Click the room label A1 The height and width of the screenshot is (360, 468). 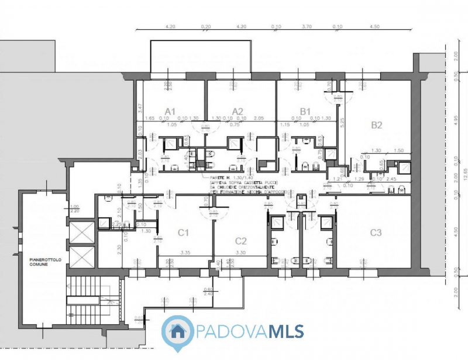coord(170,111)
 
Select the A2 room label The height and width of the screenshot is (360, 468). coord(237,111)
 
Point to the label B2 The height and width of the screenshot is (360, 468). coord(376,125)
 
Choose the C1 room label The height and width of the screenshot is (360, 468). coord(183,233)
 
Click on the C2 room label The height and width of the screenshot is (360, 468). coord(241,240)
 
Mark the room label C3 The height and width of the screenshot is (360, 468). coord(376,233)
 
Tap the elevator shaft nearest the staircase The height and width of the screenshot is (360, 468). coord(81,256)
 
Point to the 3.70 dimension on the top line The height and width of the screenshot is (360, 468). coord(305,26)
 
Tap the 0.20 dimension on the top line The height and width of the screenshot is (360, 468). coord(205,26)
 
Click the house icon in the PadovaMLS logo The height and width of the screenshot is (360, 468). coord(176,331)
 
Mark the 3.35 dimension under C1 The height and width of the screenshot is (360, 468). coord(185,252)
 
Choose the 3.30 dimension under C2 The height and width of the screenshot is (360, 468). coord(240,252)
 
